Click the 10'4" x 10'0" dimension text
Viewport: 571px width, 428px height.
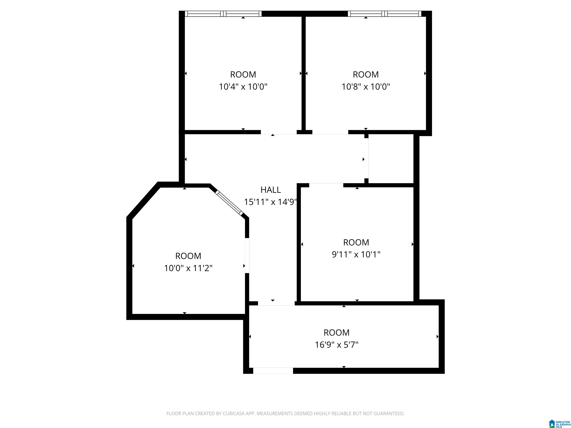click(x=243, y=87)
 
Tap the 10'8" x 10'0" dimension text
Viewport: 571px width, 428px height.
click(x=366, y=87)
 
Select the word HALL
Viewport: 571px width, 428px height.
click(x=270, y=190)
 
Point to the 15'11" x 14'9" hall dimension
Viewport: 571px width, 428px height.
click(x=270, y=202)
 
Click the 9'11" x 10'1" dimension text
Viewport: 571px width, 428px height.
click(x=356, y=255)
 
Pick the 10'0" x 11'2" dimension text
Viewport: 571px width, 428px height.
click(x=188, y=268)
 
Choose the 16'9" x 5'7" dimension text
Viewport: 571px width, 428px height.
click(x=337, y=345)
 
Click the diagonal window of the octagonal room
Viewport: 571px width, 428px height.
click(x=229, y=203)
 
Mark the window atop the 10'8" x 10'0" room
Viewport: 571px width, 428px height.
click(x=385, y=14)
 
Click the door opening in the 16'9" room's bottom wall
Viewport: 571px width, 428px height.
click(x=273, y=371)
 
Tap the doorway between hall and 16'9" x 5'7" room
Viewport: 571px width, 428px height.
click(x=276, y=303)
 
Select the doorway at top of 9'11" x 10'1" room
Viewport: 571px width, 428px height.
click(x=326, y=185)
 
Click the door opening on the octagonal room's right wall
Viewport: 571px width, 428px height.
click(x=247, y=255)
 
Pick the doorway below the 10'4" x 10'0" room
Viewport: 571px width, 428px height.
click(x=279, y=132)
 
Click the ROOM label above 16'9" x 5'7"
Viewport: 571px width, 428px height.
click(x=337, y=333)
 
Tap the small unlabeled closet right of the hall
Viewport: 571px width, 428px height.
click(x=391, y=159)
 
